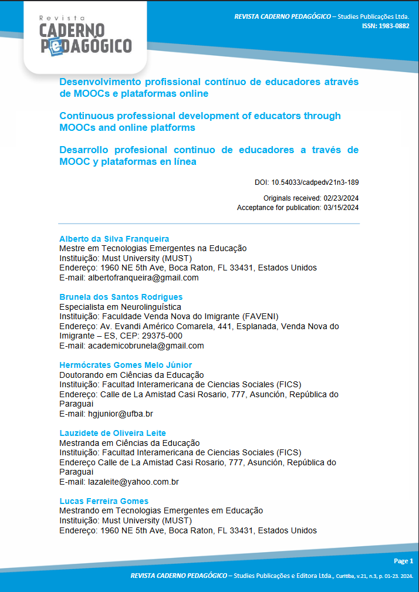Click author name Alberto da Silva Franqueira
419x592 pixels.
click(114, 239)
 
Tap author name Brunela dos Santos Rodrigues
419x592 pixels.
click(121, 297)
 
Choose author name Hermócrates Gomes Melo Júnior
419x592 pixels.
click(126, 365)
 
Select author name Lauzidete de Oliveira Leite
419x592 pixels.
click(113, 433)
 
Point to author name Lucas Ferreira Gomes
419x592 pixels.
click(104, 501)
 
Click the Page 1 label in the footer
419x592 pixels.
click(403, 561)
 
